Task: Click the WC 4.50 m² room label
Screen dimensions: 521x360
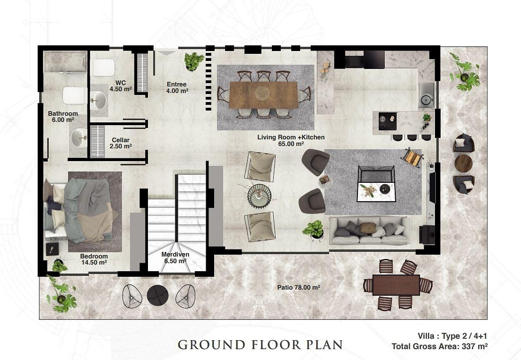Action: click(121, 86)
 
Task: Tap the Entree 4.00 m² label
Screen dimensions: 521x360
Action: click(177, 88)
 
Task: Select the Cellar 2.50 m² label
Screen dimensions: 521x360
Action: click(121, 143)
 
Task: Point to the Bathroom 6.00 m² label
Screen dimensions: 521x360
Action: click(63, 117)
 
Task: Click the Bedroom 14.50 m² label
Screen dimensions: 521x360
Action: click(94, 259)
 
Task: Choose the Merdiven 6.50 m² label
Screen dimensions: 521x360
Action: click(175, 257)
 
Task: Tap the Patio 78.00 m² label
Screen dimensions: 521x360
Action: click(298, 287)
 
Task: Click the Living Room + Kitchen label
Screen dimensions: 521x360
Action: click(291, 140)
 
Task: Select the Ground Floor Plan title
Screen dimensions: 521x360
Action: click(260, 345)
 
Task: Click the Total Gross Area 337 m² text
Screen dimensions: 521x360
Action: click(440, 346)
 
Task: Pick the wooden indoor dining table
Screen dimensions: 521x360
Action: click(263, 95)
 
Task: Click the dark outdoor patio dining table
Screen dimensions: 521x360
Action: click(396, 284)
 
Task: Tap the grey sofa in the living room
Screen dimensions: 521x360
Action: click(370, 230)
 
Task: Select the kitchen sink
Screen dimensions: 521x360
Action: click(426, 95)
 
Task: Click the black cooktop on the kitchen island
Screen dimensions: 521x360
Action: click(388, 121)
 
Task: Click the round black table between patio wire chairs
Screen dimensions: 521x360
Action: click(157, 295)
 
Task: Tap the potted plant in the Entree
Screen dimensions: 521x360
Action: click(194, 61)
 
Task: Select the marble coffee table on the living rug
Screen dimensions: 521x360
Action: click(376, 193)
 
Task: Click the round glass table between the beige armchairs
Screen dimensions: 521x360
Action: click(259, 196)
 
